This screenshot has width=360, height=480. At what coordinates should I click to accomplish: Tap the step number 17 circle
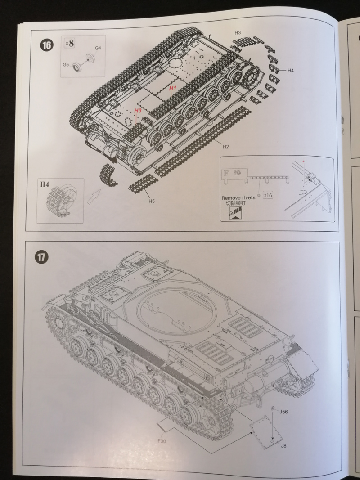coord(42,258)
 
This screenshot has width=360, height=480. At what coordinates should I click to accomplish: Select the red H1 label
coord(173,89)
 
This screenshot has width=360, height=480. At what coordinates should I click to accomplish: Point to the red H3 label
coord(138,110)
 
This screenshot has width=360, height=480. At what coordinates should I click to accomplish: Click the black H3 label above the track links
coord(238,33)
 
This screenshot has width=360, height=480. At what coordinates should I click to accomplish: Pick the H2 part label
coord(225,147)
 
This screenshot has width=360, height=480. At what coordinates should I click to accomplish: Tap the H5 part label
coord(152,201)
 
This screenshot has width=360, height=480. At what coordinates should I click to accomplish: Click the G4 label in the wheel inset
coord(98,48)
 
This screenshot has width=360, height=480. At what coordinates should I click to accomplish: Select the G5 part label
coord(66,65)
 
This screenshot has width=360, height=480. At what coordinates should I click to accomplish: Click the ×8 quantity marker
coord(70,44)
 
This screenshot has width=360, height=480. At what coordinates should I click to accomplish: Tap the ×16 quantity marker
coord(268,195)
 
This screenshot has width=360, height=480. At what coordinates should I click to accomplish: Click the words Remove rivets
coord(238,198)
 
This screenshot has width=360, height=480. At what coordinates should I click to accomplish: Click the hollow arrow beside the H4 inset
coord(93,197)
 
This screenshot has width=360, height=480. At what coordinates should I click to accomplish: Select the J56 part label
coord(283,412)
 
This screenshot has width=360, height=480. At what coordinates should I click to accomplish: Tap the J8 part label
coord(283,445)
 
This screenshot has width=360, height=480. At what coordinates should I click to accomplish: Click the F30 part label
coord(162,441)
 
